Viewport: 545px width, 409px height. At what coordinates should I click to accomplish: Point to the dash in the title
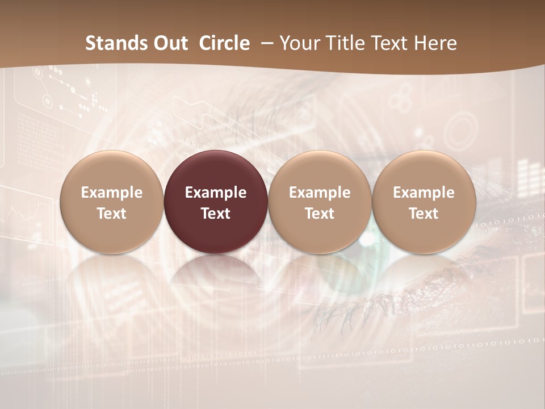click(267, 43)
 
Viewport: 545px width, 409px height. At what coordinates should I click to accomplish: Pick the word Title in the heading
click(346, 43)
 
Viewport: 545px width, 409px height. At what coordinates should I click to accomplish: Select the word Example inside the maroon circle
click(216, 193)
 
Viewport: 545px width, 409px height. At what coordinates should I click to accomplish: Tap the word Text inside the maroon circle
click(216, 214)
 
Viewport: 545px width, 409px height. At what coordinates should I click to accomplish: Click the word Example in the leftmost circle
click(112, 193)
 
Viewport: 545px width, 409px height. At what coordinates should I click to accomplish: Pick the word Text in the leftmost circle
click(112, 214)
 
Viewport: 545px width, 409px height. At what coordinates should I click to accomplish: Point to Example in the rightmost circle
click(424, 193)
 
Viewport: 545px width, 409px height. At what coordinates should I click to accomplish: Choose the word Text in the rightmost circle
click(424, 214)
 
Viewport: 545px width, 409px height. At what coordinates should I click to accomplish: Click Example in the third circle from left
click(320, 193)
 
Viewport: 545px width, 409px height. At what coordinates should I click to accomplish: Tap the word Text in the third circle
click(320, 214)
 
